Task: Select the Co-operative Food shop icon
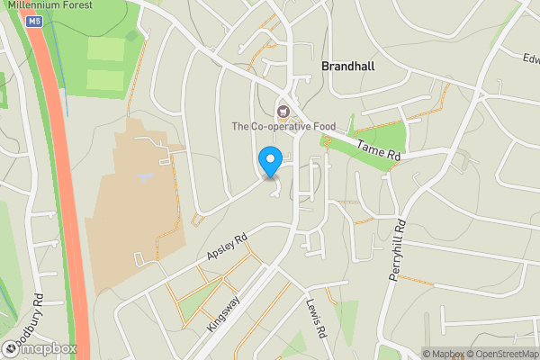tap(283, 112)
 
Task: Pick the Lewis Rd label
tap(315, 319)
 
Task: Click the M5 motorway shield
tap(34, 20)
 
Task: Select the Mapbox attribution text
tap(441, 354)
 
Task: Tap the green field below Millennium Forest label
tap(103, 63)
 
